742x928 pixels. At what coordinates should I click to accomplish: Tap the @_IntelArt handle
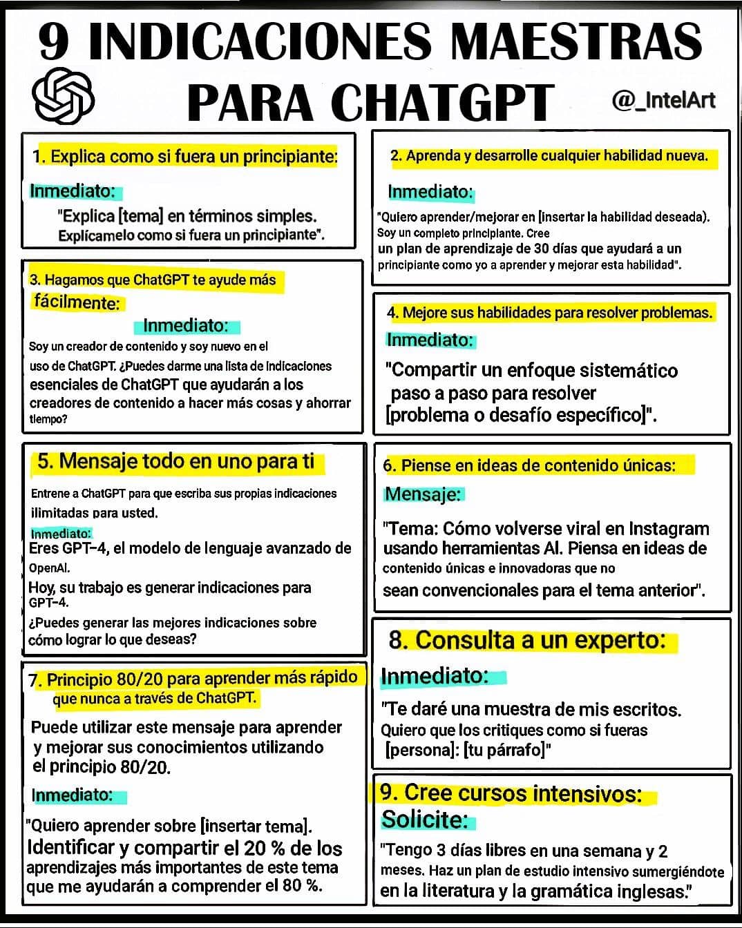[x=663, y=101]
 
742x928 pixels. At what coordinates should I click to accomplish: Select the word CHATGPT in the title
[x=442, y=102]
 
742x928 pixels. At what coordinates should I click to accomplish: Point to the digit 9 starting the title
[x=54, y=41]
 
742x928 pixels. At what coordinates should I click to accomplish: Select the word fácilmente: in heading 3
[x=76, y=302]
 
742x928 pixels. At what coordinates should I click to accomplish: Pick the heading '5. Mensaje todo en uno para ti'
[x=175, y=461]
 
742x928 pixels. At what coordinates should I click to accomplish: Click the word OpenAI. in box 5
[x=49, y=568]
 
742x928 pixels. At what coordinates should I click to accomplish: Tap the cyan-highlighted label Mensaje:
[x=423, y=494]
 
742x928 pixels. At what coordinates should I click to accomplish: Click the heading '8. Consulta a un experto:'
[x=526, y=640]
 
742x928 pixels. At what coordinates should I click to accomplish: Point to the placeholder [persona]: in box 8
[x=421, y=750]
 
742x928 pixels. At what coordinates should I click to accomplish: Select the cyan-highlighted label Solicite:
[x=425, y=820]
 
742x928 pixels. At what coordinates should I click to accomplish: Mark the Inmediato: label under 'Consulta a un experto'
[x=435, y=675]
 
